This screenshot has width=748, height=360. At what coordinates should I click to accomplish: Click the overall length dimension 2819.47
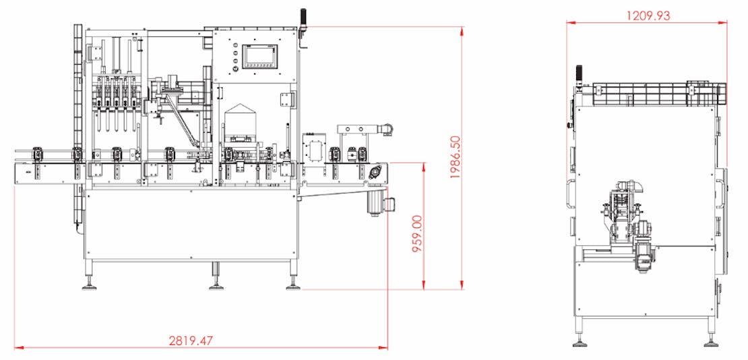tap(191, 341)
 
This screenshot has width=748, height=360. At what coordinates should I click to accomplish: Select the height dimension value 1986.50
tap(456, 157)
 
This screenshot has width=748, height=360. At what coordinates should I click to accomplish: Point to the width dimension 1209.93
tap(648, 16)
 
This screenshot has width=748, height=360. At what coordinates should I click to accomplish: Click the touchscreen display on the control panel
tap(260, 56)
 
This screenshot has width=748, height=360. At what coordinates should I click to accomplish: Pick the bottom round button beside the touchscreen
tap(235, 69)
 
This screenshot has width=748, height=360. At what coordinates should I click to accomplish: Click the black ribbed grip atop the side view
tap(579, 74)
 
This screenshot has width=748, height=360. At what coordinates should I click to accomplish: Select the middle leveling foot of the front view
tap(216, 287)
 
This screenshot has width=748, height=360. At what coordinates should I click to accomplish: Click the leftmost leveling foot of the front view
tap(89, 287)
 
